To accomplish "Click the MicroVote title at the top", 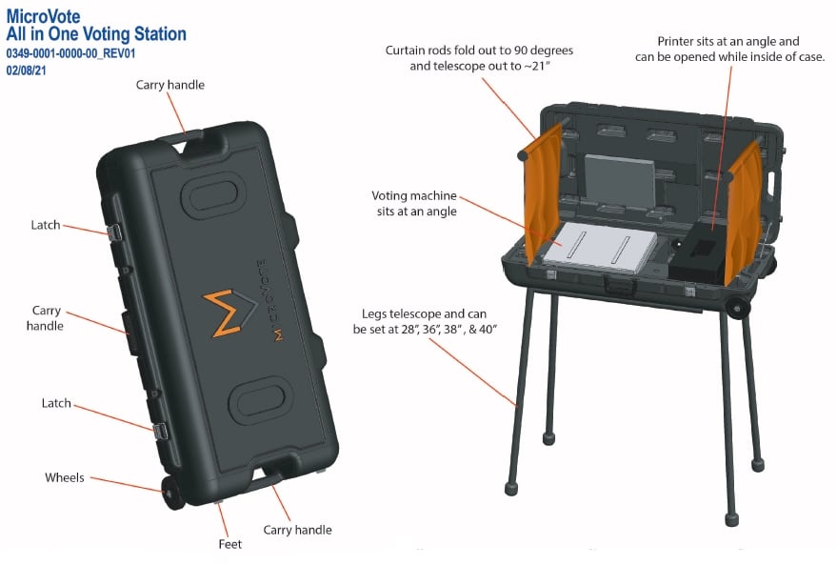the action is click(43, 16).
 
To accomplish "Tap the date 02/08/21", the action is click(26, 70).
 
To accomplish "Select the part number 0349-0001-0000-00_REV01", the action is click(71, 53).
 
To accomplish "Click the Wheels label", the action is click(65, 477).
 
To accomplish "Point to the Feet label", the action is click(230, 544).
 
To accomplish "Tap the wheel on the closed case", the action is click(172, 493).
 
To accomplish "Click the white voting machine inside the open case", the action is click(600, 248).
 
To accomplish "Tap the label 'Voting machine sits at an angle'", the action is click(415, 204).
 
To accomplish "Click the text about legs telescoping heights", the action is click(425, 321).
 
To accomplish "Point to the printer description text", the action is click(729, 50).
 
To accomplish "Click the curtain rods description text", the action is click(479, 58).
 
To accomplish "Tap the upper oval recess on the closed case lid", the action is click(213, 194).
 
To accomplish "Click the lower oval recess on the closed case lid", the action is click(261, 400).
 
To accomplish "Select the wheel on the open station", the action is click(737, 308).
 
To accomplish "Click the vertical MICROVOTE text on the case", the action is click(269, 300).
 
